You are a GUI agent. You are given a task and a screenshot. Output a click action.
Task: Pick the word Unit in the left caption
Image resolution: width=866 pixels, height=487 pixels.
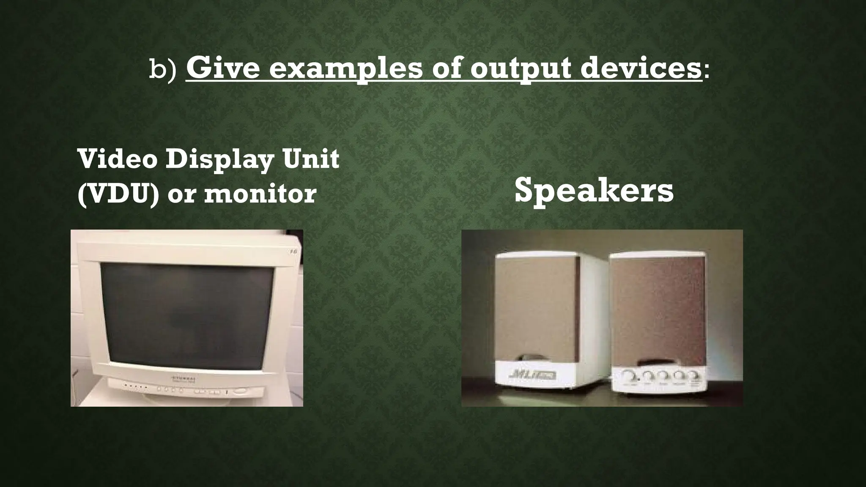pos(312,159)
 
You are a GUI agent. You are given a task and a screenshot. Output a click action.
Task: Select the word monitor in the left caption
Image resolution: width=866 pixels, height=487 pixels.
pos(260,194)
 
